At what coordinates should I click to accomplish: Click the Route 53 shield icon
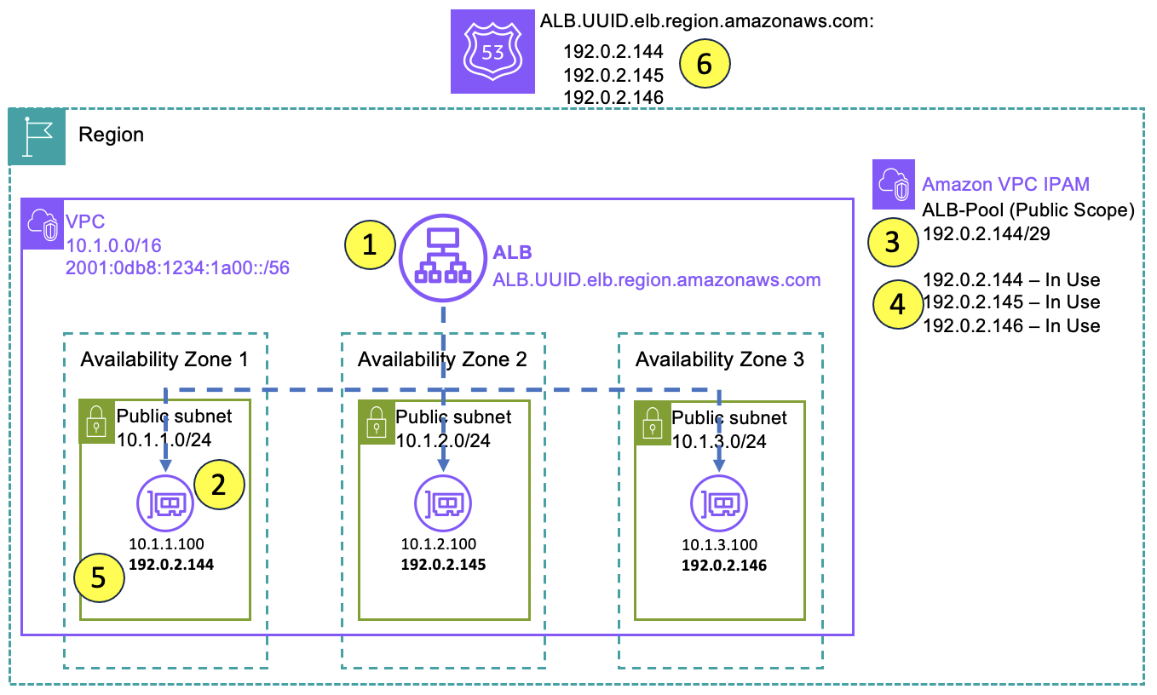pos(492,51)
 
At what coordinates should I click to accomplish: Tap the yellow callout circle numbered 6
pos(705,65)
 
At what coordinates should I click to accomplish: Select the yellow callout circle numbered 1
pos(369,245)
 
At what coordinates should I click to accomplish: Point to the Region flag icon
pos(37,136)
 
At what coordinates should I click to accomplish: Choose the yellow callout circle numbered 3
pos(892,242)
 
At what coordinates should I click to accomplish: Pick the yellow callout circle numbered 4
pos(897,303)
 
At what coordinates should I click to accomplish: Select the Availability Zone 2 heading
pos(442,359)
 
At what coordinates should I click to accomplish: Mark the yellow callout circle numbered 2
pos(219,485)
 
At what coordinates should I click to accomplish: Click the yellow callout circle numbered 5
pos(98,577)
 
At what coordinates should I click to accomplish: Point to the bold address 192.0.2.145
pos(443,564)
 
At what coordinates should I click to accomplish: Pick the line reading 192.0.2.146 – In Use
pos(1011,325)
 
